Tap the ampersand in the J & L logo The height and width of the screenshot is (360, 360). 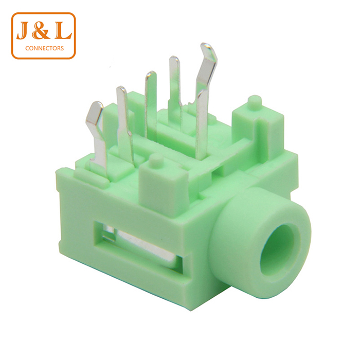(x=41, y=31)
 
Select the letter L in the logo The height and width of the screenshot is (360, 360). (x=62, y=31)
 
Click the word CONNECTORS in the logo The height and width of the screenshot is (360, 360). (x=44, y=48)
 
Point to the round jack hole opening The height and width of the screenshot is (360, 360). (x=278, y=248)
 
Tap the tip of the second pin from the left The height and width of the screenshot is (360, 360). (x=121, y=90)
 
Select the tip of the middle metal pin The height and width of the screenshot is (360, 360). (x=151, y=75)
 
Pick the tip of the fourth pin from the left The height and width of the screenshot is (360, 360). (x=174, y=59)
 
